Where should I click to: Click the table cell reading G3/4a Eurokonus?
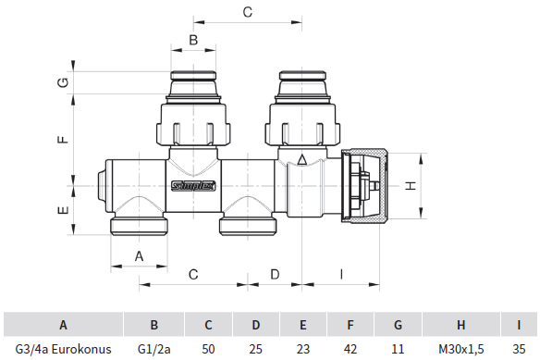(63, 349)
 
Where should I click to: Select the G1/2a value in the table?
(154, 349)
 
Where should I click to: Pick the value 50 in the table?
(209, 349)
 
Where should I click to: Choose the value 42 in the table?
(350, 349)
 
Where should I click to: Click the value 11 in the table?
(399, 349)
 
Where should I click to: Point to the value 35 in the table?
(519, 349)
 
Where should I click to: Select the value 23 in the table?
(303, 349)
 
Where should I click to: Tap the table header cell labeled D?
(256, 325)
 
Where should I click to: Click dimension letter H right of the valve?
(411, 185)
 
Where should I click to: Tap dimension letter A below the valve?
(140, 254)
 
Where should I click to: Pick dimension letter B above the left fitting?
(192, 40)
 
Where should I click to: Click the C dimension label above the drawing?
(246, 12)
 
